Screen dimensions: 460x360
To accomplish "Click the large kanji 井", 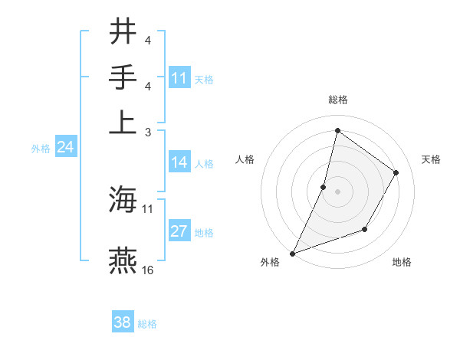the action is pos(123,31).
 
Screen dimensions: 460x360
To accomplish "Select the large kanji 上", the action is pos(123,122).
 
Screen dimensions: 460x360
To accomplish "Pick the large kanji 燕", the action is pos(123,261).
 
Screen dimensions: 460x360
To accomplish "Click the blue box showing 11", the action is pos(179,78).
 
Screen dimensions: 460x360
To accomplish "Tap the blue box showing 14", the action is pos(179,162).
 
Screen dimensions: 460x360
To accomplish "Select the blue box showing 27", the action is pos(179,231).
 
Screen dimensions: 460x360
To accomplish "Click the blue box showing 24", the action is pos(66,147).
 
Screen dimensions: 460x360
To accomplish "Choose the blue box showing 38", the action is pos(123,322).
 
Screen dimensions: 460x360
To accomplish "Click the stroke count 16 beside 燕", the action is pos(148,270).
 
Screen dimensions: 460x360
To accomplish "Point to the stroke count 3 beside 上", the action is pos(148,131).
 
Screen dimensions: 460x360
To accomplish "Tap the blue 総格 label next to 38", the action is pos(147,324).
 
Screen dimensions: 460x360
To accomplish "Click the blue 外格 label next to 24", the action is pos(40,149).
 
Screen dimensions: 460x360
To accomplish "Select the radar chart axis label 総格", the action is pos(338,100).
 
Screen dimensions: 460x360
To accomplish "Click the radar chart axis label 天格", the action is pos(432,159).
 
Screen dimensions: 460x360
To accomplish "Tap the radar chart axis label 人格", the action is pos(245,159).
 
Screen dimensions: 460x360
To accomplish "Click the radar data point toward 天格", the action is pos(396,172).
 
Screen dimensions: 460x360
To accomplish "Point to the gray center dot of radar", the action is pos(337,191).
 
